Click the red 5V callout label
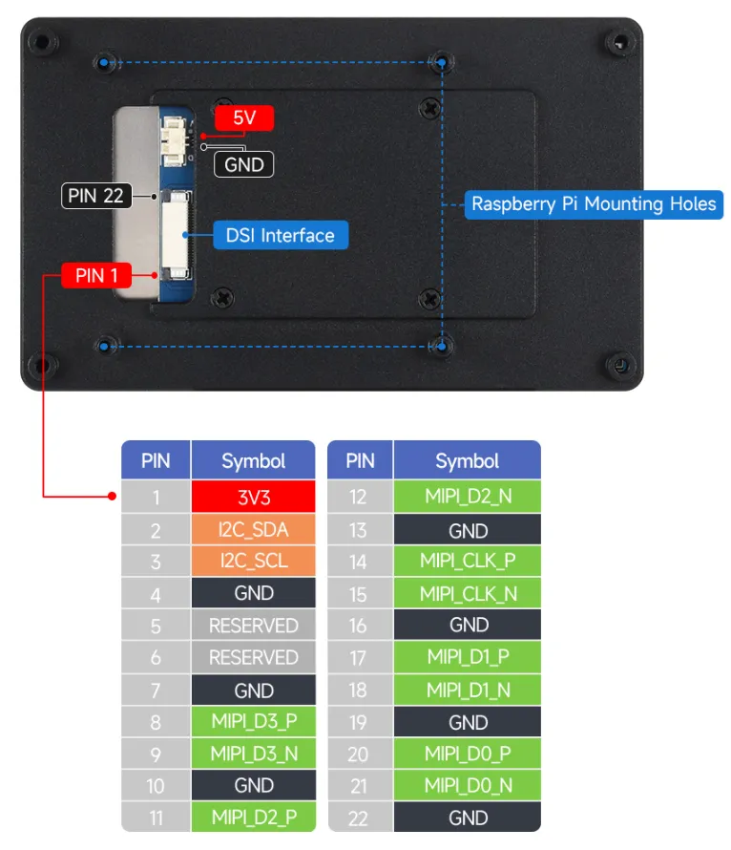pos(244,119)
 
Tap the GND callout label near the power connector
pos(243,164)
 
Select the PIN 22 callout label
pos(96,196)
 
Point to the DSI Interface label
pos(280,235)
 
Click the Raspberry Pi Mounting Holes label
pos(594,203)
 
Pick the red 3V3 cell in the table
pos(253,498)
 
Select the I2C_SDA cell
pos(253,530)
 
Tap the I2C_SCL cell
pos(253,562)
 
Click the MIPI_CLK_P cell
pos(468,562)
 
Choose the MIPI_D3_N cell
pos(253,754)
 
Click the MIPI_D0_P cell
pos(468,754)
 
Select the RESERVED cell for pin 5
pos(253,626)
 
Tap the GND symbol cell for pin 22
pos(468,818)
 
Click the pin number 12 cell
pos(359,498)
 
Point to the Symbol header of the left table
pos(253,461)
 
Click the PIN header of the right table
pos(360,461)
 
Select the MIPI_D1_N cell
pos(468,690)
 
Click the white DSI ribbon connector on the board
pos(177,234)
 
